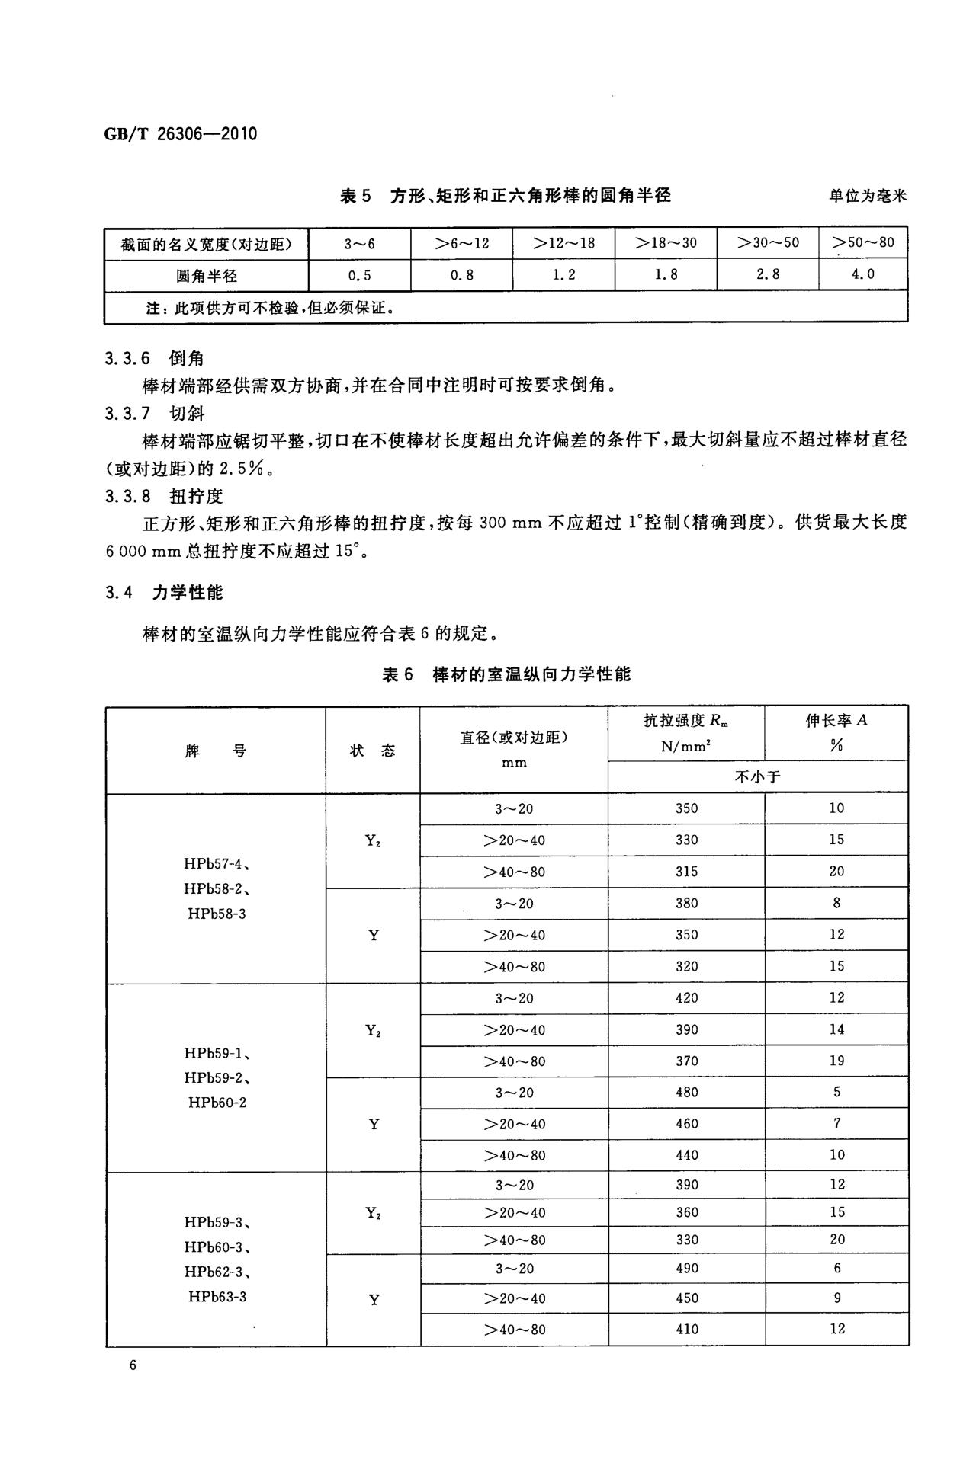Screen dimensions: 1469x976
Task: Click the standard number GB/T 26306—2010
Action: [180, 135]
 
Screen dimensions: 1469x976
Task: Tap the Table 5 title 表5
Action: [355, 196]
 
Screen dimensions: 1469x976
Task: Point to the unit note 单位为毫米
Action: [868, 196]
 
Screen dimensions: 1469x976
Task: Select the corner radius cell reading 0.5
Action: [359, 275]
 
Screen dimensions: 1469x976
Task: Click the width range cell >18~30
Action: [666, 244]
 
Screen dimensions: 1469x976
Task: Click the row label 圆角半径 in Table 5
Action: [207, 276]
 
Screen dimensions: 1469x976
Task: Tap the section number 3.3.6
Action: [128, 359]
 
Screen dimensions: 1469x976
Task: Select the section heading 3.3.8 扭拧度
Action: [164, 497]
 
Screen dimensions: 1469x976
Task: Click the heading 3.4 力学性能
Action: [164, 593]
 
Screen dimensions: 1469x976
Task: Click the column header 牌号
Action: [216, 751]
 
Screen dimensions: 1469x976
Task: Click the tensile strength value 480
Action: [686, 1092]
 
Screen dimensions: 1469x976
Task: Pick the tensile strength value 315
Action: [686, 871]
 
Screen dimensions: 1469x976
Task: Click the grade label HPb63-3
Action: [217, 1296]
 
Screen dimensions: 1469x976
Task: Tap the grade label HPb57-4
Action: [217, 864]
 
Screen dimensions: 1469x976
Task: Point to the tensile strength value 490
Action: [686, 1268]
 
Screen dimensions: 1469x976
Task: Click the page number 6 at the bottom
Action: [133, 1365]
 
